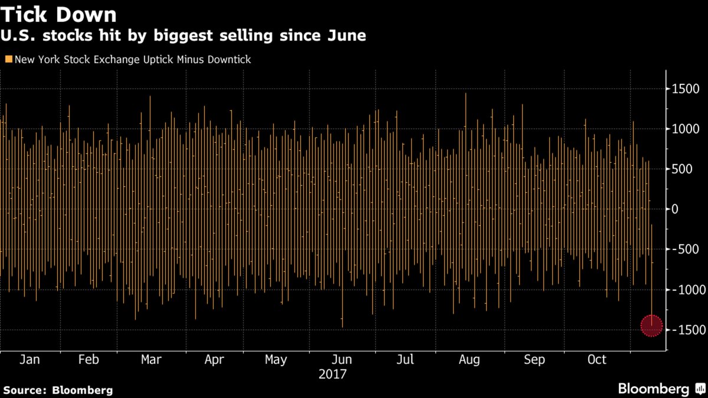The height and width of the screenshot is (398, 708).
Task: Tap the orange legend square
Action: [8, 60]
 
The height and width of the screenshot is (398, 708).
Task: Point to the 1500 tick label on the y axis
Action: [685, 89]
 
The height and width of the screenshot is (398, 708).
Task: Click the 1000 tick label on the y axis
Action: [685, 129]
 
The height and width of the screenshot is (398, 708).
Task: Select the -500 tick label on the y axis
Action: [685, 249]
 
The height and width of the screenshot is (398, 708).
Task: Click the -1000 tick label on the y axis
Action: [687, 290]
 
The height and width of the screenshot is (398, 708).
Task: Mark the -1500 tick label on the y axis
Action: [687, 330]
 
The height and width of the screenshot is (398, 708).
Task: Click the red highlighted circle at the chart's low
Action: [652, 325]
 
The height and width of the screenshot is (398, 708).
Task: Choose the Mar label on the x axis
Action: [152, 360]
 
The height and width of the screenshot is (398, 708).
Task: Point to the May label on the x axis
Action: [276, 360]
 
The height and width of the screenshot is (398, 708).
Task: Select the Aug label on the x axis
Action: [469, 360]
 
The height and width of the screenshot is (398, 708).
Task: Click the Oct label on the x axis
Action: [597, 360]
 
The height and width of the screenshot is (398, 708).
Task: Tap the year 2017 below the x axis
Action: [332, 374]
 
